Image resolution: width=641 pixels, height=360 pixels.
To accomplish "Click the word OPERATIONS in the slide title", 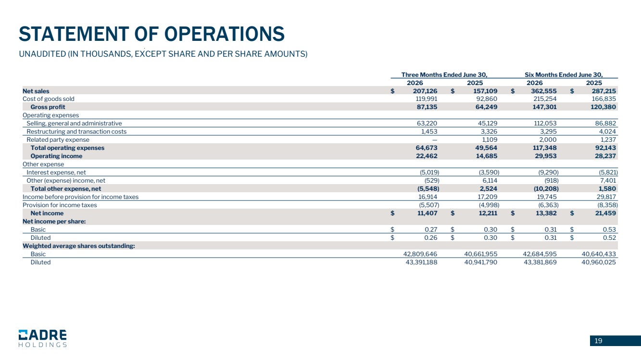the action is click(225, 34).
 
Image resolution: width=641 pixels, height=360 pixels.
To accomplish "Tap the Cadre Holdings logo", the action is click(43, 338).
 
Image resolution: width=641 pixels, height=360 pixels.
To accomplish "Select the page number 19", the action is click(598, 341).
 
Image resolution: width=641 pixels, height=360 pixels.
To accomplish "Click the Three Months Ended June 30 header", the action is click(444, 75).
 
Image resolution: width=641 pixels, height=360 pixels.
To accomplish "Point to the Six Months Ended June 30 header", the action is click(564, 75).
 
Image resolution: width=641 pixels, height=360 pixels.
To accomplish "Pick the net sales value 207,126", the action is click(425, 91).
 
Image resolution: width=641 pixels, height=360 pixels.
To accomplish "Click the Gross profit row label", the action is click(48, 107).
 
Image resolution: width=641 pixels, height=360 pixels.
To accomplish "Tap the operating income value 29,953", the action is click(544, 156).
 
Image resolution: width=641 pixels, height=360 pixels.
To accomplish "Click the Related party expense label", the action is click(58, 140).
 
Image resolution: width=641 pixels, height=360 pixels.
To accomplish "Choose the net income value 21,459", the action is click(604, 213).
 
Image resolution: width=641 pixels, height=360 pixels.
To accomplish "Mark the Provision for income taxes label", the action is click(60, 205).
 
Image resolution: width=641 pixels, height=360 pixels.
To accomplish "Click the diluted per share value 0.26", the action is click(431, 238).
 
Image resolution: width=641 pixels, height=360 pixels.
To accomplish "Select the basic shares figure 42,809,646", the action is click(420, 254).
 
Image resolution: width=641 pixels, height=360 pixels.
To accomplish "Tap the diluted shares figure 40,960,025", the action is click(598, 262).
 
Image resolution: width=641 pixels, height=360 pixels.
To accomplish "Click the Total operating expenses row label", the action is click(67, 148).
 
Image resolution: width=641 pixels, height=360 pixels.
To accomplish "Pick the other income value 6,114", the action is click(490, 181).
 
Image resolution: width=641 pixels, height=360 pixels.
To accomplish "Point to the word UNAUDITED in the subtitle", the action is click(42, 54).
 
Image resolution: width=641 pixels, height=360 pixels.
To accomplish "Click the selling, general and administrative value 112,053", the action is click(545, 124).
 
